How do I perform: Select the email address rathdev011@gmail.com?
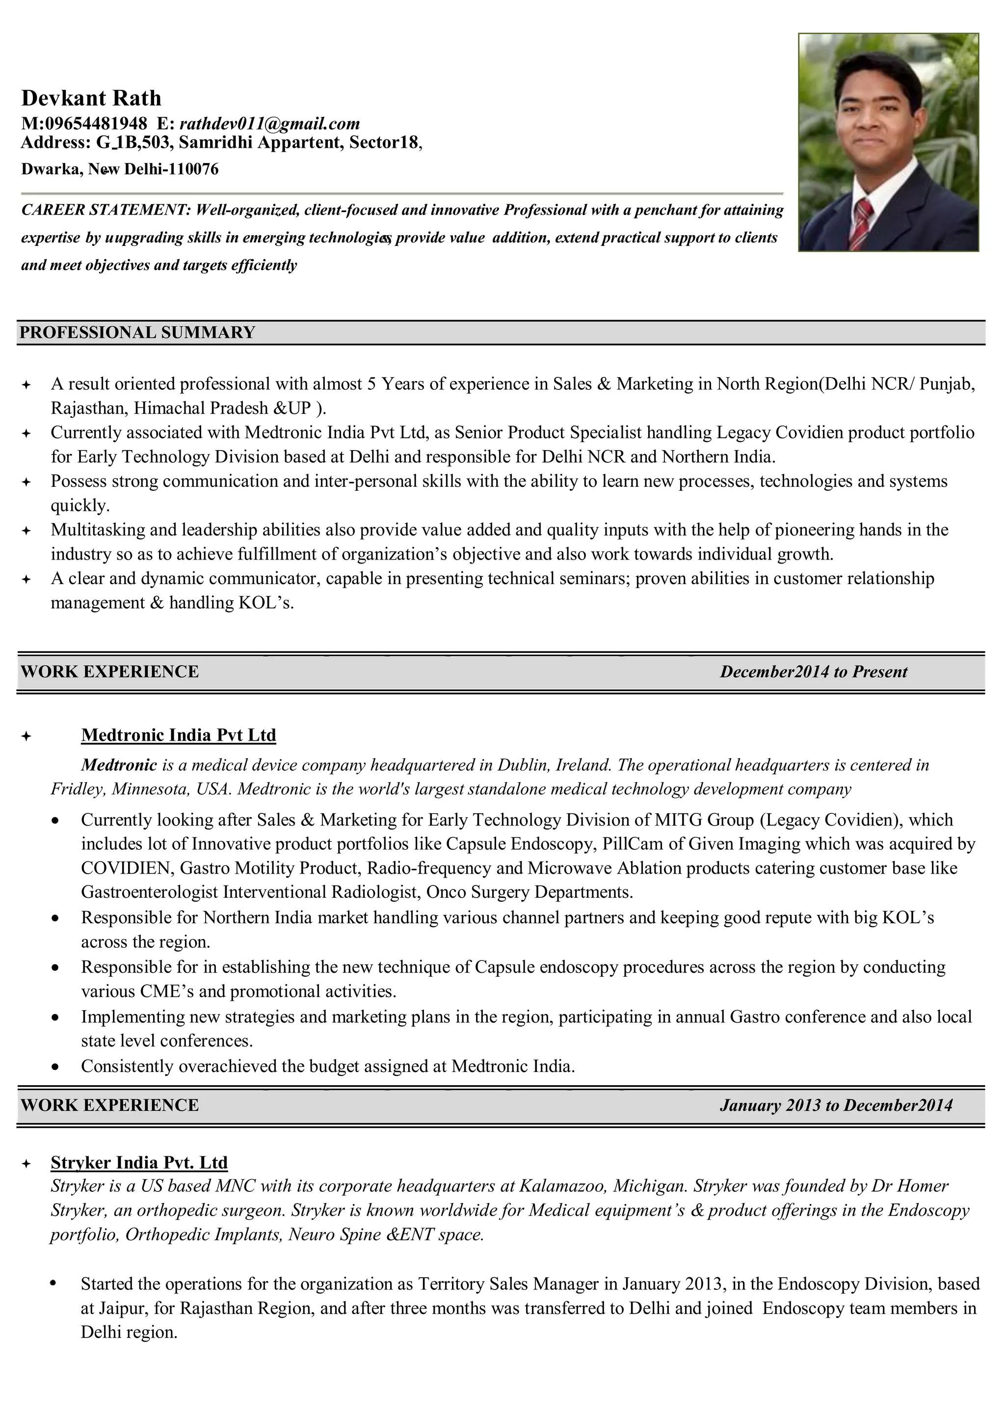269,123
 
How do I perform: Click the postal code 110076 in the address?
193,169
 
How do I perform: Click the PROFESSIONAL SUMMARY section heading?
137,332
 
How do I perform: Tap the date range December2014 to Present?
813,671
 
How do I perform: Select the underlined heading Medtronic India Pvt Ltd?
178,735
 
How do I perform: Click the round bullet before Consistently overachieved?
55,1067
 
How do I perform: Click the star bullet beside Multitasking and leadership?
26,531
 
